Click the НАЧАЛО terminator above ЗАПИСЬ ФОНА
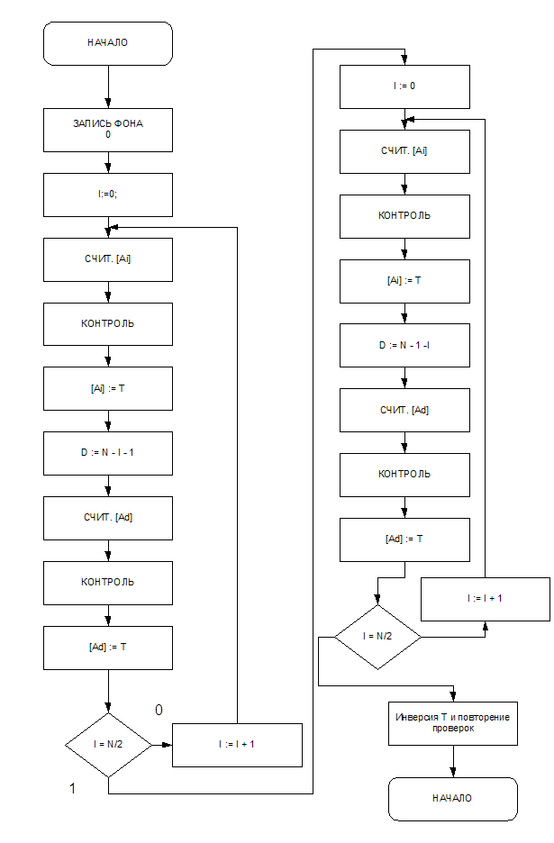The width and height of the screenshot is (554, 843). pos(108,43)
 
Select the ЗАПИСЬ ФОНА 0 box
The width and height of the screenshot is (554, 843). pos(108,130)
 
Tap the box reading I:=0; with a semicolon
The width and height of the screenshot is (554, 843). pos(108,194)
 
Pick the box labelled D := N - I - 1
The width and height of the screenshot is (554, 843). pos(108,452)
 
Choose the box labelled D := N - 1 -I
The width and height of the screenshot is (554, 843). pos(404,344)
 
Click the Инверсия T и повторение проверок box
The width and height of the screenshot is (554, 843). pos(452,722)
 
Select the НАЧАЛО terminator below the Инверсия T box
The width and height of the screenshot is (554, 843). pos(452,799)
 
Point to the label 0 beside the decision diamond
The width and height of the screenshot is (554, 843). pos(159,711)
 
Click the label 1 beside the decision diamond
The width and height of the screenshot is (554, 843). pos(72,789)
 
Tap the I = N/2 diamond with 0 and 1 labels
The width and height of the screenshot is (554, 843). pos(108,745)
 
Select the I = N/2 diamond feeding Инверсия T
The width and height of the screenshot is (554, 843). pos(377,636)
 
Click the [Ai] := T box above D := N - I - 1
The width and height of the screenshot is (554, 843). pos(108,387)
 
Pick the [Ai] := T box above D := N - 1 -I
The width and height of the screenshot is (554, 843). pos(404,280)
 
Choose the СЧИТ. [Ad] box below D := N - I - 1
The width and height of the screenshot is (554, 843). pos(108,517)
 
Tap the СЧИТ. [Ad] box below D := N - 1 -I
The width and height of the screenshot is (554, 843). pos(404,410)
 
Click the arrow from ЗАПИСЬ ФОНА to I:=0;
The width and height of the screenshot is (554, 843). pos(108,162)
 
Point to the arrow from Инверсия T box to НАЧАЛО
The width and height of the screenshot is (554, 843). pos(452,762)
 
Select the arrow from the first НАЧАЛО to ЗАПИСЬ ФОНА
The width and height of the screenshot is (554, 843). pos(108,87)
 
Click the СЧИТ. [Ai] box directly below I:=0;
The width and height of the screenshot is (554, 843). pos(108,258)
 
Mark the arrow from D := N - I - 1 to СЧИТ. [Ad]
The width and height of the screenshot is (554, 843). pos(108,485)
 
